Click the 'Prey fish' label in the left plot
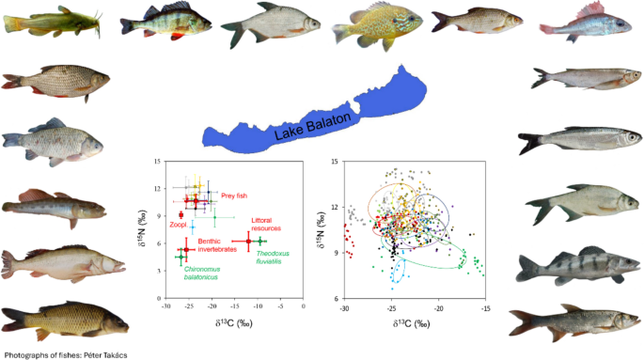[x=235, y=196]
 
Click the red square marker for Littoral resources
[x=248, y=242]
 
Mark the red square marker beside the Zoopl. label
[x=181, y=215]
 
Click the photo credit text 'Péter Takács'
[x=100, y=354]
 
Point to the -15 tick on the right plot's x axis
[x=485, y=308]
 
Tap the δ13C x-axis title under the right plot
[x=416, y=322]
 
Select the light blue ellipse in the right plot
[x=399, y=269]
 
